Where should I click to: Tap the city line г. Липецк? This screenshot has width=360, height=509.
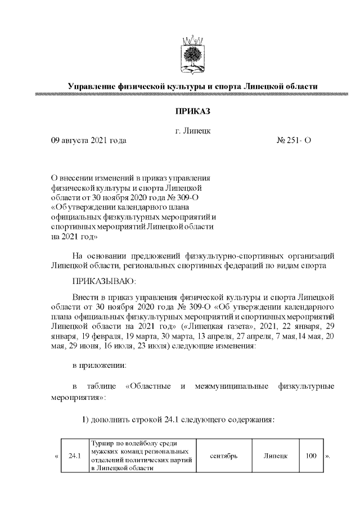tap(192, 132)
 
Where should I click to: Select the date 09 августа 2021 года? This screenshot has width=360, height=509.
tap(88, 141)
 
